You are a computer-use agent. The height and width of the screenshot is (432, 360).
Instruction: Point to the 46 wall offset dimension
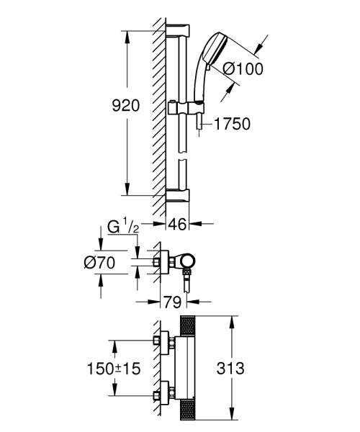[x=177, y=225]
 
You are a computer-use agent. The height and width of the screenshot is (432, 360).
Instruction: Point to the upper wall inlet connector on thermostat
[x=162, y=341]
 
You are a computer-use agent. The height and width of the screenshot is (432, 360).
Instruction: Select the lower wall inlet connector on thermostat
[x=162, y=395]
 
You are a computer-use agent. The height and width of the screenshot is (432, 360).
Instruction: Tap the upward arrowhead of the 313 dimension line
[x=232, y=320]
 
